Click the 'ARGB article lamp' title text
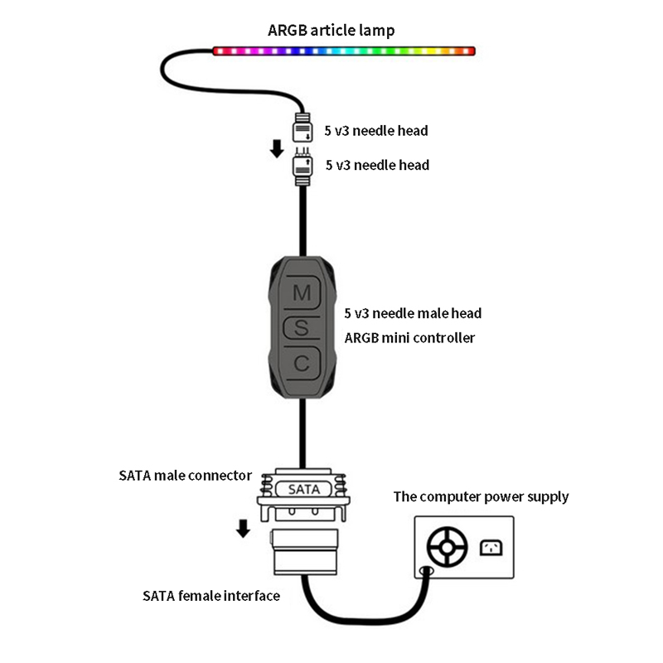click(331, 31)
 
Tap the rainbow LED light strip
click(344, 51)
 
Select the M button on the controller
click(302, 293)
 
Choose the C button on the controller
click(302, 363)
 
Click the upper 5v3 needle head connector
click(302, 131)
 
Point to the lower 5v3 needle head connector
click(302, 168)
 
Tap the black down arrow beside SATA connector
click(243, 528)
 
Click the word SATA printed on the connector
click(302, 490)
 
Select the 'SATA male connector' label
click(185, 476)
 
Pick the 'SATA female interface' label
click(211, 595)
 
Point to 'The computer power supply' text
click(481, 497)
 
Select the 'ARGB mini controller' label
click(409, 337)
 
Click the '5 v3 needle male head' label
click(413, 313)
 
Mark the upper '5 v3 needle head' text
click(377, 131)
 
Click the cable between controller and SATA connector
click(302, 431)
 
